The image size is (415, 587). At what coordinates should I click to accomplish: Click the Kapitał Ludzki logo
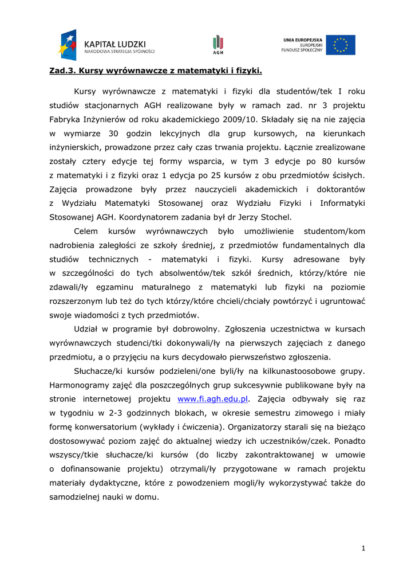click(x=106, y=45)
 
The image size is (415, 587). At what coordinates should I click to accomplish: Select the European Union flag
click(x=341, y=45)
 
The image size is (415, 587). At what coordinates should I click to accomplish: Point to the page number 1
click(x=363, y=548)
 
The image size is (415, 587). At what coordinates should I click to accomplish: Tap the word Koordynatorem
click(x=149, y=217)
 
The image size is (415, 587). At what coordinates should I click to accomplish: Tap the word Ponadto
click(x=350, y=441)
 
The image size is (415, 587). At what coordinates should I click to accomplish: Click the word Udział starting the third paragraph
click(x=87, y=329)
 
